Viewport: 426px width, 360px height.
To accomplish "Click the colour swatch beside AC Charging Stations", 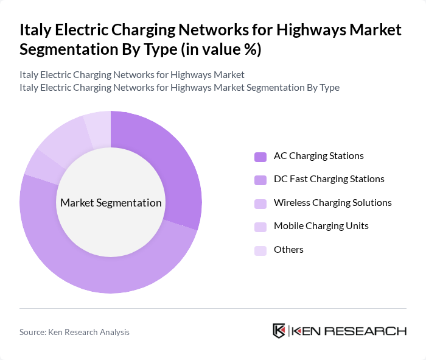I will (260, 157).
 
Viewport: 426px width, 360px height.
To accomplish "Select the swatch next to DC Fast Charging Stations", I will (260, 180).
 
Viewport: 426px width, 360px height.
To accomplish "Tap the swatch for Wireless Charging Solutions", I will (260, 203).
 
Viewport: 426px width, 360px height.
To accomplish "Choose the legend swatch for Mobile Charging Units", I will (260, 227).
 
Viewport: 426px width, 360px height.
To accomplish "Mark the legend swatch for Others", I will (260, 250).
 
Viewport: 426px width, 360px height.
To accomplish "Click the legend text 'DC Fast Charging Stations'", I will (329, 179).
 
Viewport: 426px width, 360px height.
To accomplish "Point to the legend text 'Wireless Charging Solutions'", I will (332, 203).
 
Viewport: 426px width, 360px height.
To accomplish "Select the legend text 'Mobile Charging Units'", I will (321, 226).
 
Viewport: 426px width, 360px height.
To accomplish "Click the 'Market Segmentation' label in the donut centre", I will (111, 203).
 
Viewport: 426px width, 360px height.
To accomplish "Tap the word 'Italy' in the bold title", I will (37, 30).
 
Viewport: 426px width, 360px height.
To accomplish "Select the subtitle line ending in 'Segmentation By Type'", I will (180, 88).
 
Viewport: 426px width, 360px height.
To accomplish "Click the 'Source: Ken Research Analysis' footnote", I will (74, 332).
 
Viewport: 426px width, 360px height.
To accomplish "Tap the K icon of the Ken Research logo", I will (279, 331).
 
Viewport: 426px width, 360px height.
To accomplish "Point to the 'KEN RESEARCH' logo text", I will (349, 331).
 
